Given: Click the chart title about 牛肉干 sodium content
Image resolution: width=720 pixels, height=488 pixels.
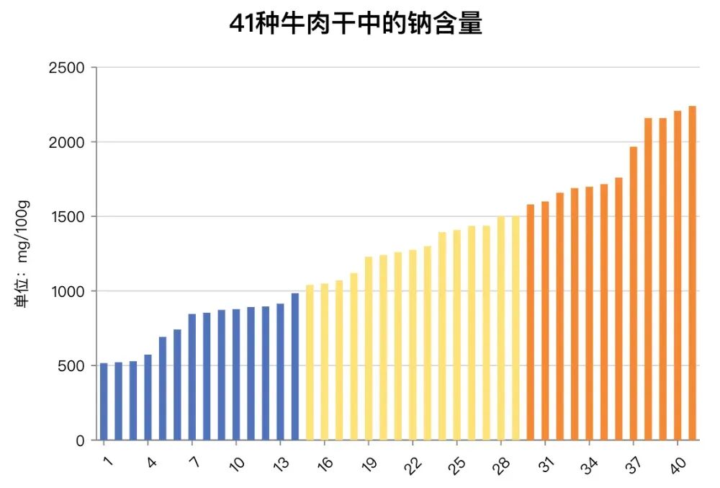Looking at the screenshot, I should click(356, 24).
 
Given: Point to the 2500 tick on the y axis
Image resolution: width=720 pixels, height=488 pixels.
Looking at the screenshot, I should click(67, 68).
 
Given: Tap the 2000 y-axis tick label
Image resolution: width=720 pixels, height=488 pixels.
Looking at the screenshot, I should click(67, 142).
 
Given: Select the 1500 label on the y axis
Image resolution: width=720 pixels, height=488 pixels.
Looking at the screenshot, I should click(67, 217).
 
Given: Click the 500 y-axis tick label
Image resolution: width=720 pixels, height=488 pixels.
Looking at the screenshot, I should click(71, 365).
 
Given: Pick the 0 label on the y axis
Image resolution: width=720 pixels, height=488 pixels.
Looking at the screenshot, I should click(80, 440).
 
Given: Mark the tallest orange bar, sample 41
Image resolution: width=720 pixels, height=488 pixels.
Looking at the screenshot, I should click(692, 273).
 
